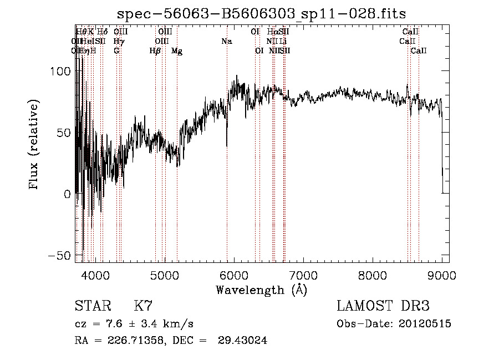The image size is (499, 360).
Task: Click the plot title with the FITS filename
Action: (262, 14)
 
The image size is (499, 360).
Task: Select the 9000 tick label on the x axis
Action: (442, 275)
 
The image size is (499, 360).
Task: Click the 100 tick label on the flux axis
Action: (60, 72)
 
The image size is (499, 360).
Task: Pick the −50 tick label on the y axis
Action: (59, 256)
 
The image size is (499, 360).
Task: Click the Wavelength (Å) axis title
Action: (261, 290)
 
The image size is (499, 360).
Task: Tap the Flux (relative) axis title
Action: (34, 145)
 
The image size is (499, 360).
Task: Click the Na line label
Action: (226, 42)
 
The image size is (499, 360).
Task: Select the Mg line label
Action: (177, 51)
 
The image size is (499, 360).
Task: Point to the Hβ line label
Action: (155, 51)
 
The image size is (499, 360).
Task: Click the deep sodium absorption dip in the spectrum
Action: (227, 141)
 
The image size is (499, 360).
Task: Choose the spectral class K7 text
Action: (143, 306)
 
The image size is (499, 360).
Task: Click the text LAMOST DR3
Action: (383, 306)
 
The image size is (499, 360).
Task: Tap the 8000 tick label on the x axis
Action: (372, 275)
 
